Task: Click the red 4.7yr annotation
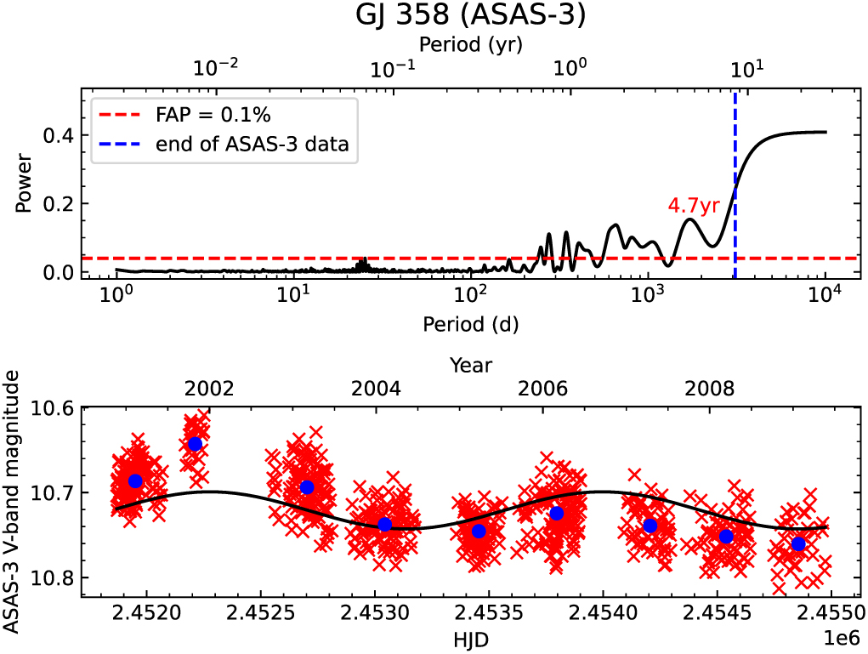(690, 206)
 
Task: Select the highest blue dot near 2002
(195, 443)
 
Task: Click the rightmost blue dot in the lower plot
(798, 544)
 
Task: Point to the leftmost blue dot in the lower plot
(135, 481)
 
